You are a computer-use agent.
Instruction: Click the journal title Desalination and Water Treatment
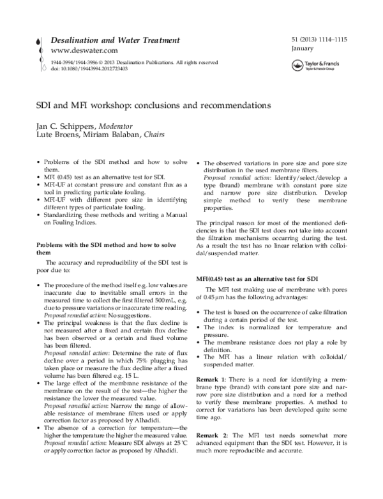click(106, 40)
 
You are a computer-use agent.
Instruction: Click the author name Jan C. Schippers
click(61, 126)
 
